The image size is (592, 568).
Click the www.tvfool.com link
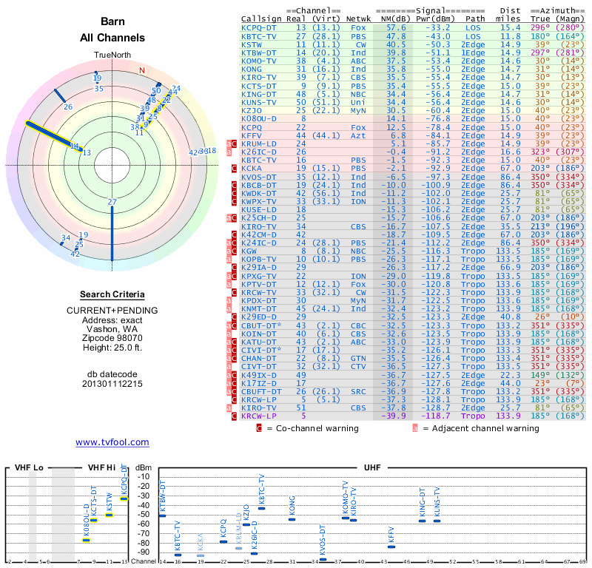click(x=112, y=442)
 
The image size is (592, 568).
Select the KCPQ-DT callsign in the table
click(x=259, y=27)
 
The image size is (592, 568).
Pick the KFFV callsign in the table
click(x=252, y=135)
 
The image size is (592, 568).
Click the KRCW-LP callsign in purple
click(x=259, y=416)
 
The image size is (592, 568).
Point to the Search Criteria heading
click(x=112, y=294)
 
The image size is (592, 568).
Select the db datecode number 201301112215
click(x=112, y=384)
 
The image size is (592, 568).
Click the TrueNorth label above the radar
click(x=112, y=55)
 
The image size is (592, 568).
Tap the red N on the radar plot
click(x=142, y=71)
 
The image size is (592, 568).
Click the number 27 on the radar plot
click(x=112, y=202)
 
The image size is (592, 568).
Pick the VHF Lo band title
click(x=29, y=468)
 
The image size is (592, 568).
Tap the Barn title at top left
click(x=112, y=23)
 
